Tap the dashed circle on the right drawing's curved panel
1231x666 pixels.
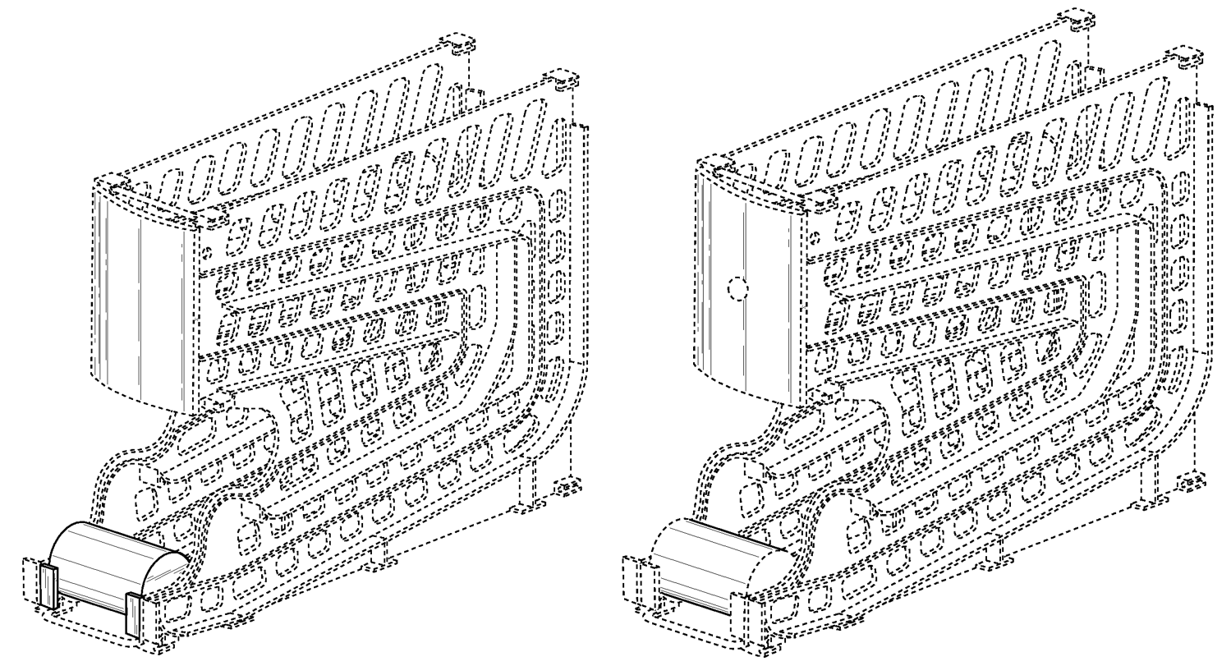[737, 289]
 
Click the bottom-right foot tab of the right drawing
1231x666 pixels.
[1191, 484]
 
